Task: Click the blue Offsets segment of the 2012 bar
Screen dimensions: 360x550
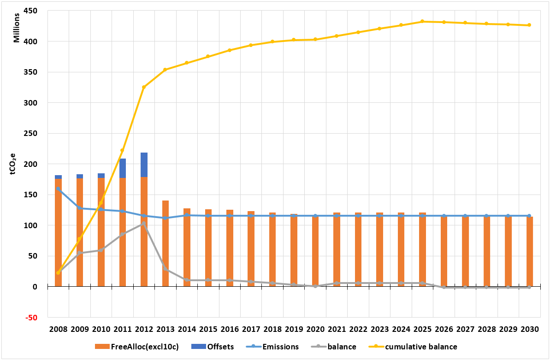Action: (x=144, y=165)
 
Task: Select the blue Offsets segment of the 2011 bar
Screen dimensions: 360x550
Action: (x=123, y=168)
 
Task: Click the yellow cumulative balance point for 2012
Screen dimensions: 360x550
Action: (x=144, y=87)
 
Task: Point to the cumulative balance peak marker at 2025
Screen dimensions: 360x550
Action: (x=422, y=21)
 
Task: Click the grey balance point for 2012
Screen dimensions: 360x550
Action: (x=144, y=224)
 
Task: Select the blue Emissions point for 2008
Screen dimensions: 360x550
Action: (x=58, y=189)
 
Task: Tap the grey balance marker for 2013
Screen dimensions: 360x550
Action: (x=165, y=269)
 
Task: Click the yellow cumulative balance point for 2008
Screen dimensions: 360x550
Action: (x=58, y=273)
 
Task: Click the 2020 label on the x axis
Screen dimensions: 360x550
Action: (x=315, y=330)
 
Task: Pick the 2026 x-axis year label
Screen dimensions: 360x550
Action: (x=444, y=330)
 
